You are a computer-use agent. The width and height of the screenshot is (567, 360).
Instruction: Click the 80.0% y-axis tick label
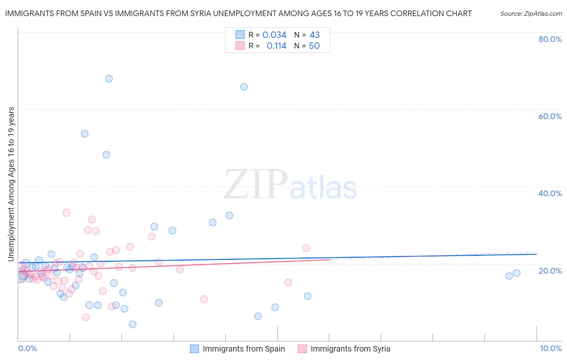tap(550, 39)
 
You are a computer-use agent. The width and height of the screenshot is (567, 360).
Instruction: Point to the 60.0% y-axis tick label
tap(550, 116)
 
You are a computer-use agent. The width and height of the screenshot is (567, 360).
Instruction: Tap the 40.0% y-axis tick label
tap(550, 193)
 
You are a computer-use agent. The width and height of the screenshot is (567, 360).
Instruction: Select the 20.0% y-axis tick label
tap(550, 271)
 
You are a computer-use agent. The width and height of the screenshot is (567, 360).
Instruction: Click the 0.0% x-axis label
tap(27, 348)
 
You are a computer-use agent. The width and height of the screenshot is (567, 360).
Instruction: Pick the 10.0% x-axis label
tap(550, 348)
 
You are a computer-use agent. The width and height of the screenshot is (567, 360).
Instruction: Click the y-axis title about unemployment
tap(11, 184)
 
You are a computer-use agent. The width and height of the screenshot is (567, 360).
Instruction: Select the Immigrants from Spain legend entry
tap(244, 349)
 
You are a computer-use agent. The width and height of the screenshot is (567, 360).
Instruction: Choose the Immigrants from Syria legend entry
tap(350, 349)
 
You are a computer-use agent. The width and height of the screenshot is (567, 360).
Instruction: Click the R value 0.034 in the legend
tap(274, 35)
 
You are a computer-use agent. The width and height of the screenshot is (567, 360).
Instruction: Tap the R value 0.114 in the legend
tap(276, 46)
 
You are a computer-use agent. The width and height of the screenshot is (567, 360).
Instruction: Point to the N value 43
tap(315, 35)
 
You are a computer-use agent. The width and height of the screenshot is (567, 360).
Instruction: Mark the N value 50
tap(314, 46)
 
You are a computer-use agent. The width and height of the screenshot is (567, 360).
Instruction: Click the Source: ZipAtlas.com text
tap(531, 14)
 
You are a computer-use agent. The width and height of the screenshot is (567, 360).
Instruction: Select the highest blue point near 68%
tap(109, 79)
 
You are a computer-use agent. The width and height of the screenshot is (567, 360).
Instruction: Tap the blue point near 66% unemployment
tap(244, 87)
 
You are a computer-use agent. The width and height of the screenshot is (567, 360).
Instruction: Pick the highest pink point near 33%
tap(67, 213)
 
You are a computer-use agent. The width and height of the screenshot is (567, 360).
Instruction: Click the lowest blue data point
tap(132, 324)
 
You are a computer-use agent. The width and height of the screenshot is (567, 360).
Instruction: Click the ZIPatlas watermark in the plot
tap(290, 185)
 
